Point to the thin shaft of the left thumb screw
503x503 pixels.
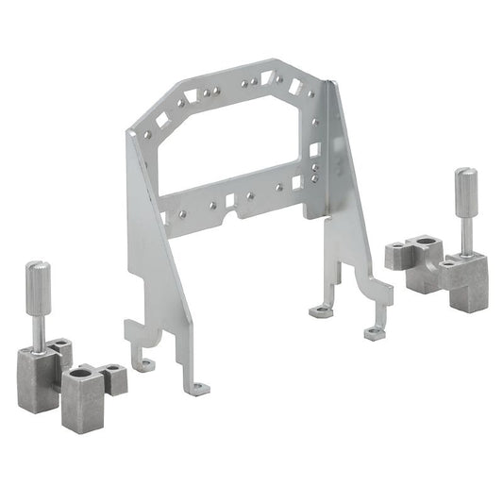click(38, 330)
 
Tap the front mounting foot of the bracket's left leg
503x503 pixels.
click(196, 388)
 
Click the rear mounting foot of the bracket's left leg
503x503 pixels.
click(144, 364)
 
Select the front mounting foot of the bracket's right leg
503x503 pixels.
click(375, 333)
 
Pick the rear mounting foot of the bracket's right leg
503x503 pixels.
click(321, 310)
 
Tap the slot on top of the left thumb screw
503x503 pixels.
click(38, 265)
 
